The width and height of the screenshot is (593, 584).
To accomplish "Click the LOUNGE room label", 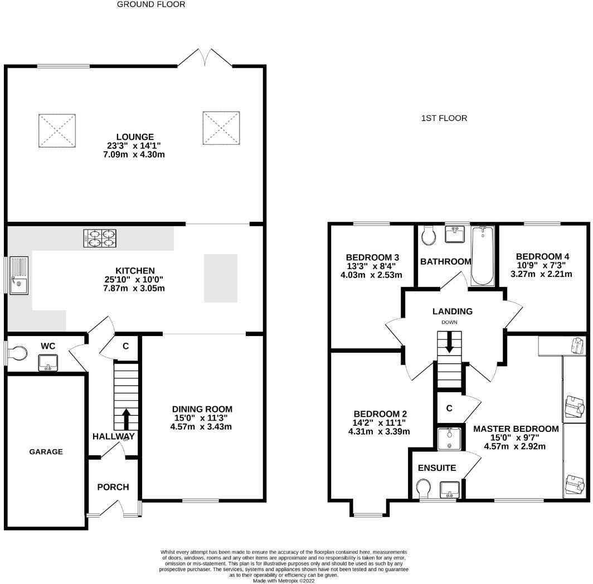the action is coord(135,137).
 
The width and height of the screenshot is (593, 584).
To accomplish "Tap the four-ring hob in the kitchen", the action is coord(100,239).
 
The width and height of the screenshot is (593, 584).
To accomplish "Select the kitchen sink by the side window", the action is coord(19,275).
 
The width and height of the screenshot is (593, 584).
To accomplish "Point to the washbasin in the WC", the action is coord(48,363).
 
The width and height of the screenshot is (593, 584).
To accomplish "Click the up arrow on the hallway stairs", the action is coord(126,418).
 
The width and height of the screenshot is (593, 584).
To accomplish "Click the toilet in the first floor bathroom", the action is coord(428,235).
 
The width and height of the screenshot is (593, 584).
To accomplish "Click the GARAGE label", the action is coord(46,451).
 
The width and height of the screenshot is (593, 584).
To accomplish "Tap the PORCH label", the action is coord(113,487).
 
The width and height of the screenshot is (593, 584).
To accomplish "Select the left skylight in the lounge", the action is coord(57,131).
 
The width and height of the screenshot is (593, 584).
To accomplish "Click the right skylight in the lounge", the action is coord(221,128).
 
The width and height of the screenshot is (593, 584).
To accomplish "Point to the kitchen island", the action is coord(221,279).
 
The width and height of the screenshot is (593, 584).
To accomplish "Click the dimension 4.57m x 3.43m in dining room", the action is coord(201,427).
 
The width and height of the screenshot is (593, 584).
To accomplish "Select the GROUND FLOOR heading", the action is coord(151,4).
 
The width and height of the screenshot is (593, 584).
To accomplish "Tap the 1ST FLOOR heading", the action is coord(444,118).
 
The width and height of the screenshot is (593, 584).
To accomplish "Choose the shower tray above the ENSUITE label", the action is coord(449,439).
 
